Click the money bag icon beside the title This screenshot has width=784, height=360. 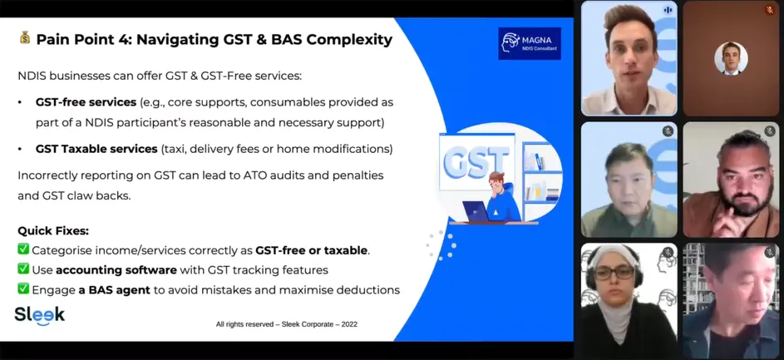[x=24, y=38]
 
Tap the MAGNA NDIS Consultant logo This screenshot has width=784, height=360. [x=530, y=43]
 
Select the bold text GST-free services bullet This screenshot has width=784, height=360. [x=86, y=102]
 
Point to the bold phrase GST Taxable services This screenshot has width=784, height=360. [x=96, y=149]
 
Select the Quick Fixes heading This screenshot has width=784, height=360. [x=53, y=231]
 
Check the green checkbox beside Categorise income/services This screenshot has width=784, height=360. [x=23, y=249]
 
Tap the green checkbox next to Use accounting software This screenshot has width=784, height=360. [x=23, y=269]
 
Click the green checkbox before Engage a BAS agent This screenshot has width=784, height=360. [x=23, y=289]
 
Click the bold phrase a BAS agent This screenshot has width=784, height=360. [x=115, y=290]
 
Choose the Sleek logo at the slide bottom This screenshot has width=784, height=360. [x=40, y=316]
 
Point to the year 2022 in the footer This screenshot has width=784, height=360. [x=349, y=324]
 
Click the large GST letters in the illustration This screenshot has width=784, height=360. [x=476, y=162]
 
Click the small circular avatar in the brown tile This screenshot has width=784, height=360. [x=731, y=58]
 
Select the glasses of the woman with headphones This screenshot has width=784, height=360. [x=614, y=273]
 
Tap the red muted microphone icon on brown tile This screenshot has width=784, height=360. [x=770, y=9]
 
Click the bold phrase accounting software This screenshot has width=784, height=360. [x=116, y=270]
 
